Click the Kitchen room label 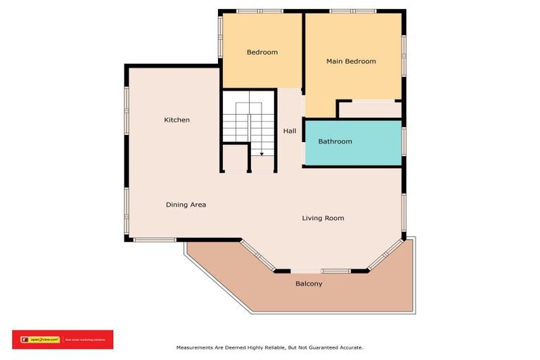pos(176,120)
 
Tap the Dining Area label pos(186,205)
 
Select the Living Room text pos(323,218)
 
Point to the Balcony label pos(309,283)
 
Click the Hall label pos(289,131)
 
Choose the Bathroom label pos(335,141)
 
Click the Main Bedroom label pos(351,61)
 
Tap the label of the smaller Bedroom pos(262,52)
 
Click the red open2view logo pos(62,340)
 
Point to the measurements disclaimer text pos(269,347)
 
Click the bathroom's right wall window pos(404,141)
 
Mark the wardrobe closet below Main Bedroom pos(370,110)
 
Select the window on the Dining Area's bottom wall pos(154,240)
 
